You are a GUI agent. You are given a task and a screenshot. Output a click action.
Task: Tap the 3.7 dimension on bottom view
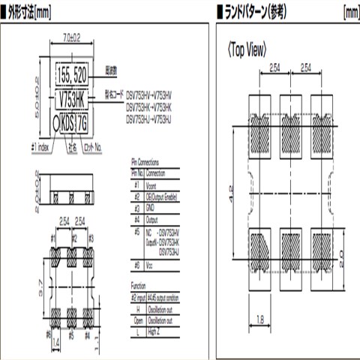[x=40, y=286]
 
